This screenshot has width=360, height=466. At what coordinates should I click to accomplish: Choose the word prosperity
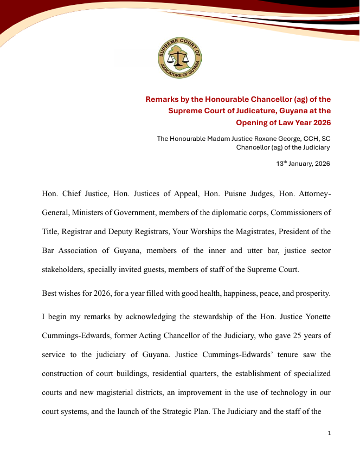click(x=310, y=293)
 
